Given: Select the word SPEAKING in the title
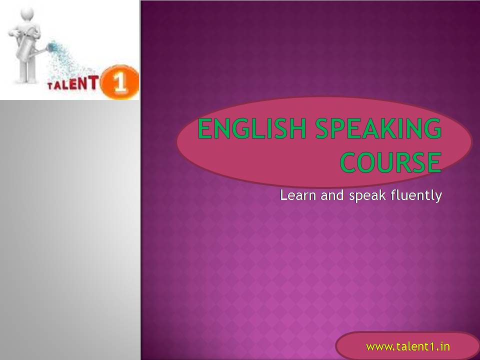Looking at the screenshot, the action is point(378,128).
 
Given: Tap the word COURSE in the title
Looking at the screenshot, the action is point(391,162).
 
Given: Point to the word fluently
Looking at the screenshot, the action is point(416,196).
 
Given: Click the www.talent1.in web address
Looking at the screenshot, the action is point(408,346).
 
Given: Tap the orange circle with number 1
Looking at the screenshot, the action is point(119,81).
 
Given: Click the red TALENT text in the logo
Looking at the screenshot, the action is point(73,83).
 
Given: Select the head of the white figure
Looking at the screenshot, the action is point(27,14).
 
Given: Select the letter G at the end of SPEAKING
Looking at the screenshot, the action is point(433,128).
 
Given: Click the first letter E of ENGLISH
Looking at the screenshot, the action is point(205,128).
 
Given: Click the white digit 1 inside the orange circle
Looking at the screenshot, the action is point(119,82).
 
